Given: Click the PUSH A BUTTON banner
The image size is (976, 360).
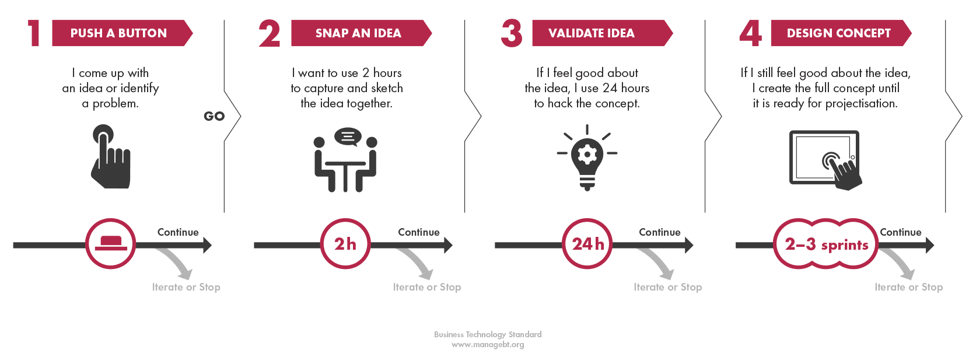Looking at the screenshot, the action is tap(122, 33).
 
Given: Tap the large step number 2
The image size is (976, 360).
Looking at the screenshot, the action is tap(270, 33).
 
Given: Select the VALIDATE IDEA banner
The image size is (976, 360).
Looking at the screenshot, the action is tap(602, 33).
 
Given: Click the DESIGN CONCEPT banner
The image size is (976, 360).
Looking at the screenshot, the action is tap(841, 33).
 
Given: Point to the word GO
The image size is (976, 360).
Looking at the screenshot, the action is tap(214, 116).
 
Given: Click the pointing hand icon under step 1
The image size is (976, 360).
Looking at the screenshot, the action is tap(111, 157).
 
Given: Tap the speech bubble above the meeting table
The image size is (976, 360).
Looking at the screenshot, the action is tap(348, 137).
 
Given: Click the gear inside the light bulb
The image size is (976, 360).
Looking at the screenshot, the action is tap(587, 154).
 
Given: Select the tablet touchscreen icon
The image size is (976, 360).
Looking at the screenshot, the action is tap(825, 160).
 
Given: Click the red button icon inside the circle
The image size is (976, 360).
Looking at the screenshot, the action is tap(111, 243).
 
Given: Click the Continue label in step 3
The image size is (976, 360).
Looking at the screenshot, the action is tap(660, 232).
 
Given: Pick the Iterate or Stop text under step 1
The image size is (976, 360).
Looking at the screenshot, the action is tap(186, 287).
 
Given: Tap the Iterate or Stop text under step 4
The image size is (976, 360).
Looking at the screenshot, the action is tap(909, 287).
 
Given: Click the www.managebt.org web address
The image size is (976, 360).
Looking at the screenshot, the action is tap(488, 345).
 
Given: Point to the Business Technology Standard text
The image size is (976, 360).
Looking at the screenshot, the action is tap(488, 334).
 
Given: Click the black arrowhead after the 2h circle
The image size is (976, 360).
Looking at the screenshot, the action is tap(449, 245).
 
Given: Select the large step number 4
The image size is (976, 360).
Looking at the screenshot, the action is tap(751, 33).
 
